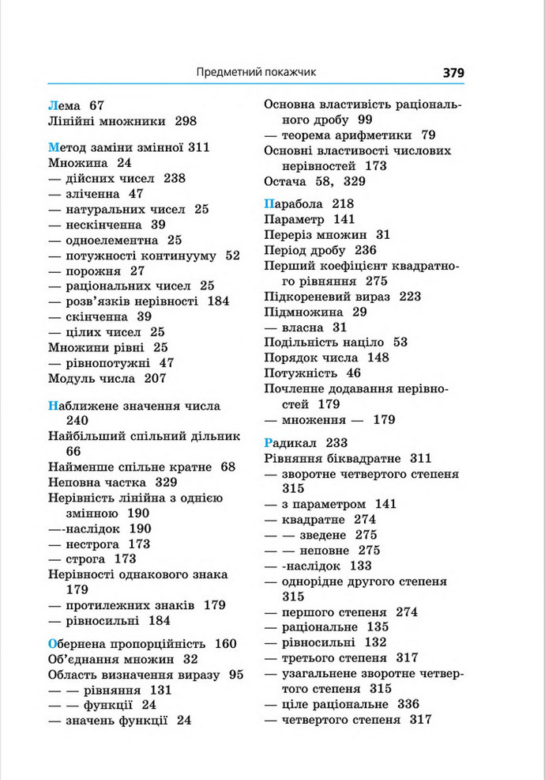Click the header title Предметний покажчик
pyautogui.click(x=256, y=73)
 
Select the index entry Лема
pyautogui.click(x=65, y=104)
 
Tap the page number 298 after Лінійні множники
pyautogui.click(x=185, y=121)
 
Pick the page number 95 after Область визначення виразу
pyautogui.click(x=236, y=674)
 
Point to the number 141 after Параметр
pyautogui.click(x=344, y=219)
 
